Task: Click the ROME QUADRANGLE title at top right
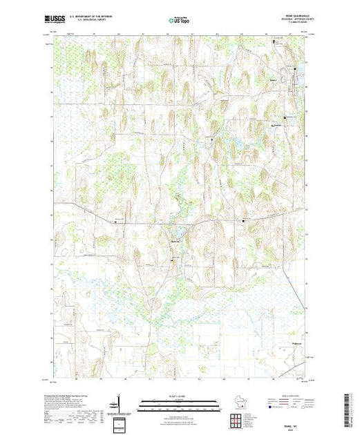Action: coord(299,18)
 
